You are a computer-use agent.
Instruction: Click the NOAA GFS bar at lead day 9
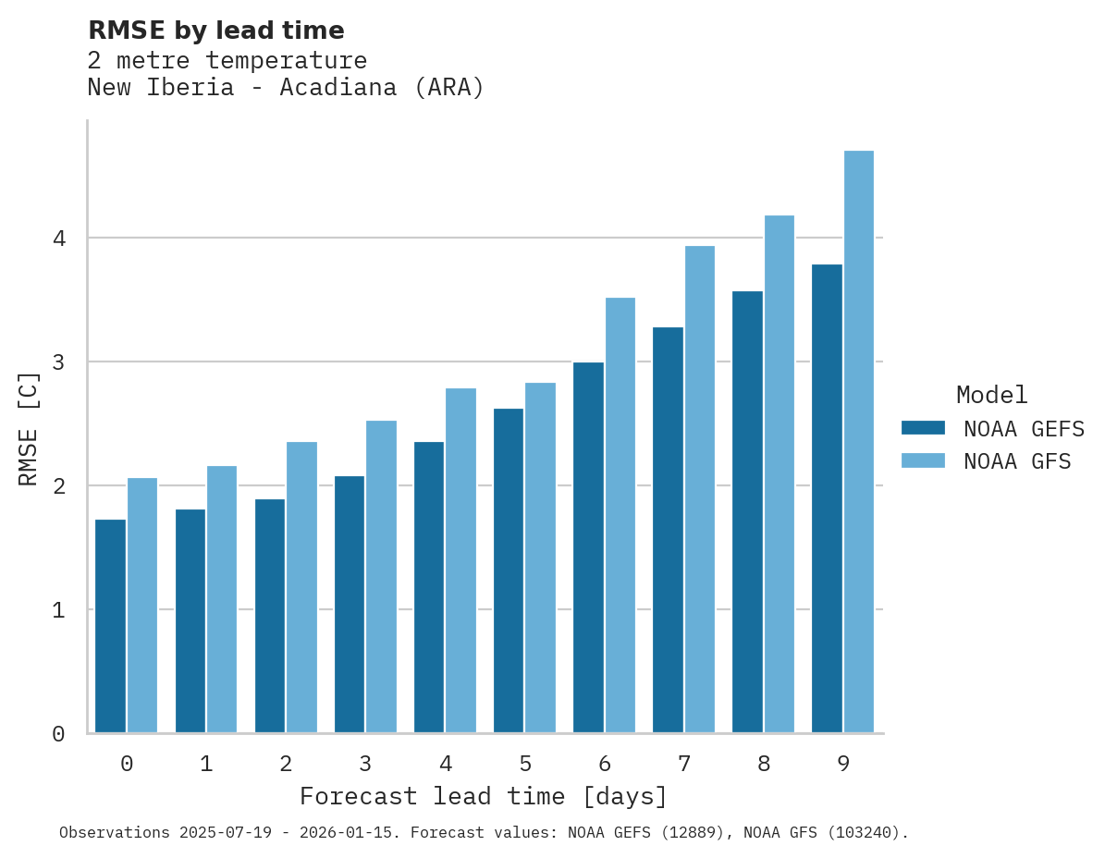[x=859, y=442]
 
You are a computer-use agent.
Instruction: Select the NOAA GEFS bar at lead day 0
[x=111, y=626]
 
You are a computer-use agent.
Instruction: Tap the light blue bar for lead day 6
[x=620, y=515]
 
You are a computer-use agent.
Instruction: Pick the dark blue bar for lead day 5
[x=509, y=570]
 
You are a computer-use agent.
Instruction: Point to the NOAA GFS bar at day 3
[x=382, y=577]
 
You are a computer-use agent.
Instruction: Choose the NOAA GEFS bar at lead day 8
[x=747, y=512]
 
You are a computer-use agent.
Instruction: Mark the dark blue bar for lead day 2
[x=270, y=616]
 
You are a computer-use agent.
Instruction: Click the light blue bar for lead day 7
[x=700, y=489]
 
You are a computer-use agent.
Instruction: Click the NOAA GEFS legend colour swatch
[x=923, y=428]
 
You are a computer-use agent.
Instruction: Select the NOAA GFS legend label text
[x=1017, y=461]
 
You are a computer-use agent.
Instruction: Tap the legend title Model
[x=991, y=396]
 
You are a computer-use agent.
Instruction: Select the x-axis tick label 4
[x=446, y=765]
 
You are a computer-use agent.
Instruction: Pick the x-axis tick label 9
[x=843, y=765]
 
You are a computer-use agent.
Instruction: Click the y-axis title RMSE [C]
[x=29, y=428]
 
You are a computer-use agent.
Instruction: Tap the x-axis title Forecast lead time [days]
[x=483, y=797]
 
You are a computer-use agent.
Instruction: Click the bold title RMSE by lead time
[x=215, y=31]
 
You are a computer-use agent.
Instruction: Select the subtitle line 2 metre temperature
[x=227, y=61]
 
